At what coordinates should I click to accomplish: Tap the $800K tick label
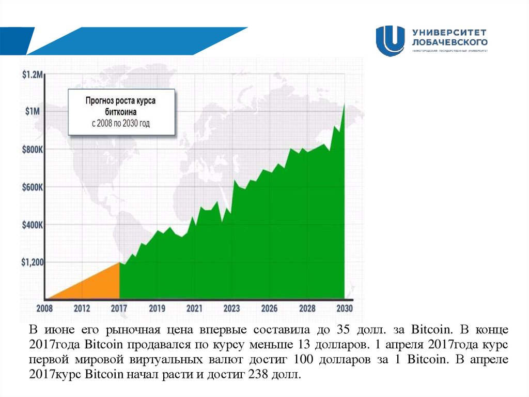tap(33, 150)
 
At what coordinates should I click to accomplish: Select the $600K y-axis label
tap(33, 187)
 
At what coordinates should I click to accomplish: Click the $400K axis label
tap(33, 225)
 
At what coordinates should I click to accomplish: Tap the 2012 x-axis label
tap(82, 308)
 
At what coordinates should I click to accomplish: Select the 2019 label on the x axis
tap(157, 308)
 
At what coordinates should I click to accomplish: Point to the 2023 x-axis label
tap(231, 308)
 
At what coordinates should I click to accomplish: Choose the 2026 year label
tap(269, 308)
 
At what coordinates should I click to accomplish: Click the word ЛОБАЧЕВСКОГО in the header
tap(449, 41)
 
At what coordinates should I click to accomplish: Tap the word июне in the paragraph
tap(63, 329)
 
